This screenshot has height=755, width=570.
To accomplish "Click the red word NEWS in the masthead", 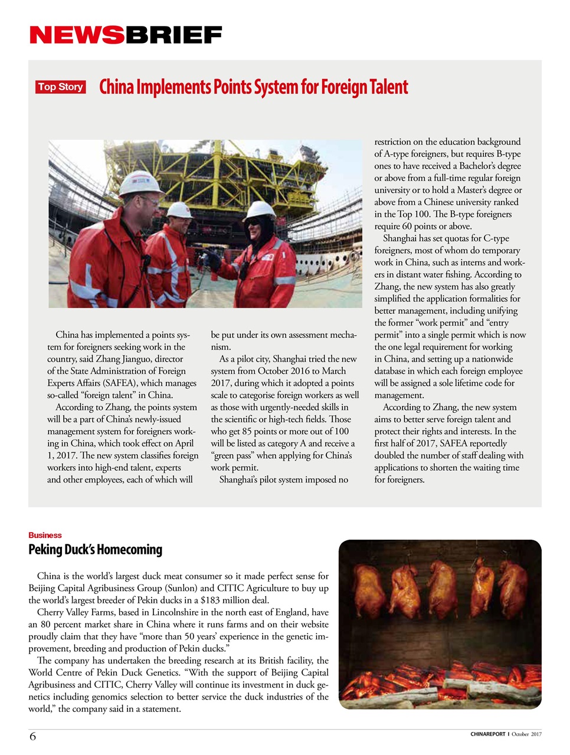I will click(x=76, y=35).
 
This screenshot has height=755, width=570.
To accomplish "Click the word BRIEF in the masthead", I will click(x=173, y=35).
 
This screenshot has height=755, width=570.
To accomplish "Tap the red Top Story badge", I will click(x=61, y=87).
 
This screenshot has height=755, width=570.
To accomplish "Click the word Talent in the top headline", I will click(x=388, y=87).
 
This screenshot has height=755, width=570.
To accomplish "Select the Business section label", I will click(x=45, y=535).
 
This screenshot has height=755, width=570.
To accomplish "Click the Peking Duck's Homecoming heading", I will click(x=95, y=550).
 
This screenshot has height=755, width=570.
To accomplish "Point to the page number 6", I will click(x=32, y=736).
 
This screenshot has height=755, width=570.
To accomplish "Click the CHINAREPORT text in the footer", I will click(x=487, y=734).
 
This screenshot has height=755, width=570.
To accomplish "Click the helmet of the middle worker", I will click(x=180, y=210).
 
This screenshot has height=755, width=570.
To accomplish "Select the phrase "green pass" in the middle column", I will click(x=237, y=456).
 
